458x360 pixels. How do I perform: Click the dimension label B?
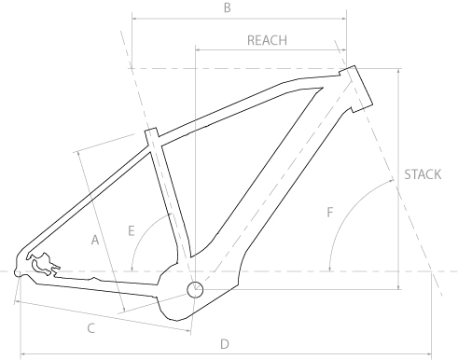[228, 7]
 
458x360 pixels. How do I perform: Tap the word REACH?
[267, 40]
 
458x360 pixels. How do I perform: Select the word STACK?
[423, 174]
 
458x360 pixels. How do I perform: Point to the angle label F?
[330, 213]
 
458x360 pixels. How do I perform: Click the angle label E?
[132, 231]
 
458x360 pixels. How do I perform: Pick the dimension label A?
[95, 240]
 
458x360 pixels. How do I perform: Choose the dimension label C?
[91, 328]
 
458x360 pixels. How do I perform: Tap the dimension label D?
[225, 344]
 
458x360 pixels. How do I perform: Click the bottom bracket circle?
[195, 290]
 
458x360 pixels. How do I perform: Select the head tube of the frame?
[355, 90]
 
